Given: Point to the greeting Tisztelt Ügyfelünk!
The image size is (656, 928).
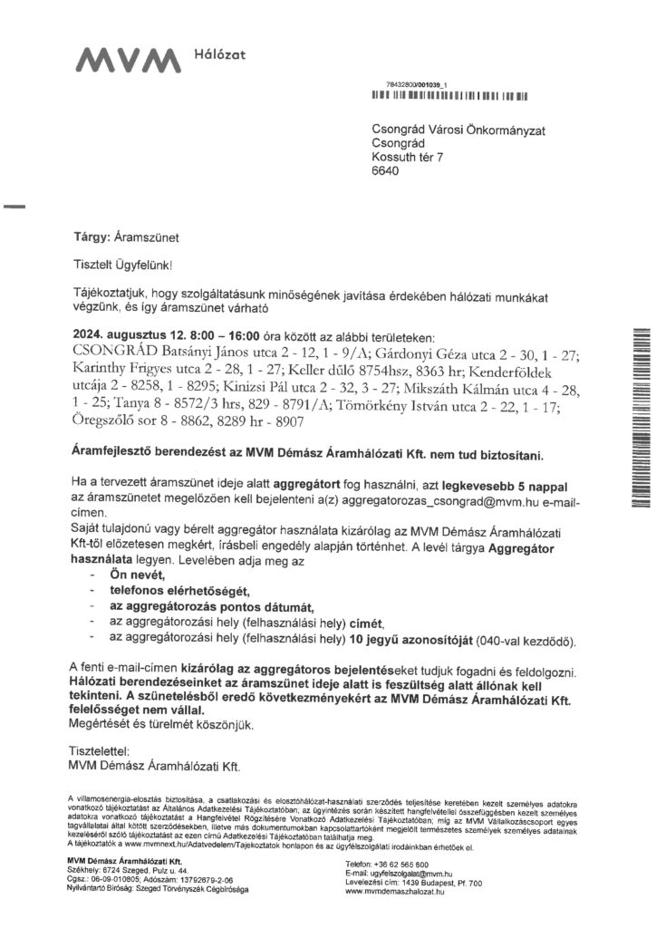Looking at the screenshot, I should coord(121,264).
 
